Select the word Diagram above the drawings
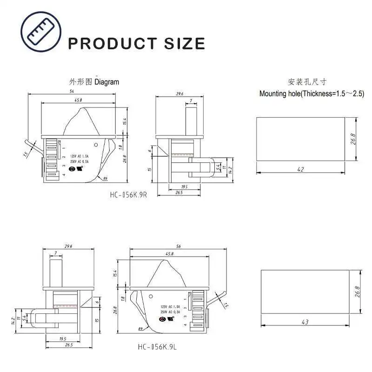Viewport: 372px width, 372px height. click(x=107, y=82)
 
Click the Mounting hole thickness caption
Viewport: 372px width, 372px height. click(x=312, y=93)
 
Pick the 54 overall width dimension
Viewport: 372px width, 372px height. click(x=72, y=92)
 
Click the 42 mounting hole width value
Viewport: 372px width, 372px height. click(x=300, y=169)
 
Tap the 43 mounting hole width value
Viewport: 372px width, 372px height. click(x=305, y=321)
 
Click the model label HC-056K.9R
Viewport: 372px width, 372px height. click(x=129, y=195)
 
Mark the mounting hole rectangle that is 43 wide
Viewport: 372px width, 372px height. click(x=305, y=292)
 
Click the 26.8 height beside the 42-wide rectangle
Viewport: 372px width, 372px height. click(x=353, y=139)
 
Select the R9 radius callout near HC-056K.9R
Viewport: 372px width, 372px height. click(x=106, y=179)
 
